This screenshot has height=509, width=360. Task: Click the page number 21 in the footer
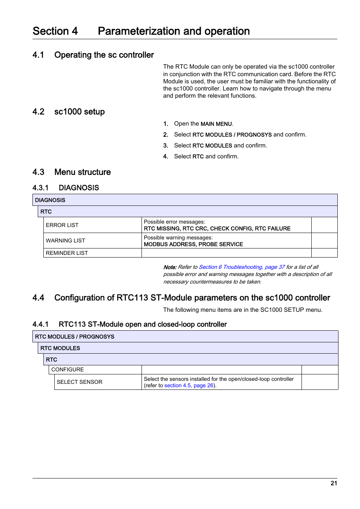334,483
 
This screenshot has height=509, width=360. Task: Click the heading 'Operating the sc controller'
104,55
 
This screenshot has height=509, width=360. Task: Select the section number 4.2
38,112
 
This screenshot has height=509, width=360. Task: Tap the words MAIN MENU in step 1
216,124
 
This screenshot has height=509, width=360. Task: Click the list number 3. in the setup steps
165,146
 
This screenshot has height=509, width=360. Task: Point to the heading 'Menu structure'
82,172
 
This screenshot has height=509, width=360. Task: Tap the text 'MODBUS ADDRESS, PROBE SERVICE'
193,244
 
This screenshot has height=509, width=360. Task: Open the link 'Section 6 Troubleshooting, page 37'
242,267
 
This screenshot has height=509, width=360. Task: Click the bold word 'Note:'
170,267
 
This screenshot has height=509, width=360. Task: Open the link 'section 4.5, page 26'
189,385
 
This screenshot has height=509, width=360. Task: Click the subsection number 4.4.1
40,324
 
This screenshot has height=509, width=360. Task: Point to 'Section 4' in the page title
55,31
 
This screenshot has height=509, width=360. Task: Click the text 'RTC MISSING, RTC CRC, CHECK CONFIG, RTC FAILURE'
217,228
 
